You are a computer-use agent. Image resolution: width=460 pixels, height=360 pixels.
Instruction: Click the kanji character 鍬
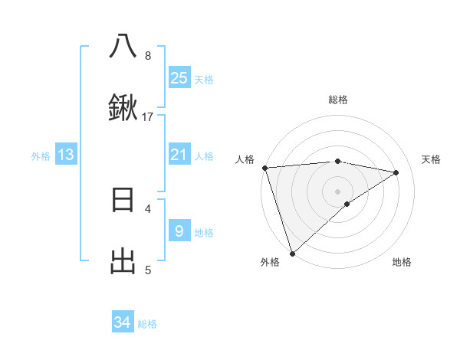tap(123, 110)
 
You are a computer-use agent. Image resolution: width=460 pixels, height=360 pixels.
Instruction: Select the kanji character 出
tap(123, 263)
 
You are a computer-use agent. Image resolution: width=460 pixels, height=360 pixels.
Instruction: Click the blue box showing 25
tap(179, 78)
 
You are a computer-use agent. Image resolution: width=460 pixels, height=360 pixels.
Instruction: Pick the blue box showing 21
tap(179, 155)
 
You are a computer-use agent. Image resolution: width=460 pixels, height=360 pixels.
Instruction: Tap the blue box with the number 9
tap(179, 231)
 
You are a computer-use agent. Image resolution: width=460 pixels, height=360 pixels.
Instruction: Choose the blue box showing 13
tap(66, 155)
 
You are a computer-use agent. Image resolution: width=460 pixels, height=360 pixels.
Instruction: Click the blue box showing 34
tap(123, 323)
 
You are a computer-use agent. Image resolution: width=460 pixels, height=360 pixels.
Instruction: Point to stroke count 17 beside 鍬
tap(148, 117)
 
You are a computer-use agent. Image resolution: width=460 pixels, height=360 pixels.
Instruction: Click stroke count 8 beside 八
tap(148, 55)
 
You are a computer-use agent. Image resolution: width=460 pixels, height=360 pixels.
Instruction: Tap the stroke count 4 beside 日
tap(148, 208)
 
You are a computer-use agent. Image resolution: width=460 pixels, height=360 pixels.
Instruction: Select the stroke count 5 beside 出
tap(148, 270)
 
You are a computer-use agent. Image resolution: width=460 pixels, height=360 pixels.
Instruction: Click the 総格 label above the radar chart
tap(338, 100)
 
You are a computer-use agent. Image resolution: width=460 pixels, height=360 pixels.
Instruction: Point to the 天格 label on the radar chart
tap(432, 159)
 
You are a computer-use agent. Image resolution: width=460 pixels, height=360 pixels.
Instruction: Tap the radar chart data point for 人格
tap(264, 168)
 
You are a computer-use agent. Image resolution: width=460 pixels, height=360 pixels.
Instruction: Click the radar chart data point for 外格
tap(292, 253)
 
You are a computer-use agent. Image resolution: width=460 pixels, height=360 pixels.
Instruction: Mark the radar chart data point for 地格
tap(347, 204)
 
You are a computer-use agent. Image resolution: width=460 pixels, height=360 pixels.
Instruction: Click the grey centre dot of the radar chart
tap(338, 191)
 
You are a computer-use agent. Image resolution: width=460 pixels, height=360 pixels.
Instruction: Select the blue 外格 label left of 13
tap(41, 156)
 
